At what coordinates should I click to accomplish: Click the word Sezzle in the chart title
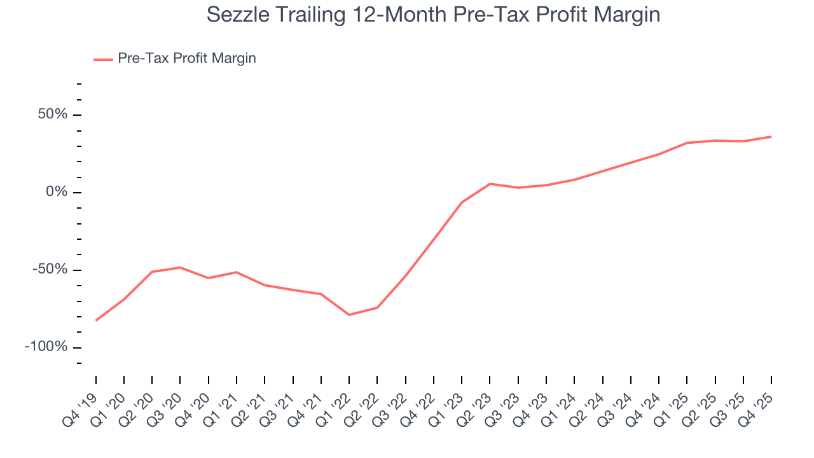(x=237, y=15)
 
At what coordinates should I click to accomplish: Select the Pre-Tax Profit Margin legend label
(x=186, y=59)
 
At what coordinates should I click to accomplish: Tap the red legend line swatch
(x=103, y=59)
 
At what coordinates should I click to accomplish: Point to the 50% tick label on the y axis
(x=52, y=115)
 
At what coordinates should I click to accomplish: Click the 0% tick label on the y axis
(x=57, y=192)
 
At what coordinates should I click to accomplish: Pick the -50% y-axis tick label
(x=50, y=270)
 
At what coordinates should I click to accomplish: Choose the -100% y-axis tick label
(x=46, y=347)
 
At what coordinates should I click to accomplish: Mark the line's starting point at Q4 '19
(x=96, y=320)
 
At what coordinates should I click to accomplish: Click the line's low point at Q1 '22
(x=349, y=315)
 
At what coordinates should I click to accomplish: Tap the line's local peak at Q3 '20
(x=181, y=267)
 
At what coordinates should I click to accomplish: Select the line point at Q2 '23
(x=490, y=184)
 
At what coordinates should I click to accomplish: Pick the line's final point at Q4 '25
(x=771, y=137)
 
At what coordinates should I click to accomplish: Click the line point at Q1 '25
(x=687, y=142)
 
